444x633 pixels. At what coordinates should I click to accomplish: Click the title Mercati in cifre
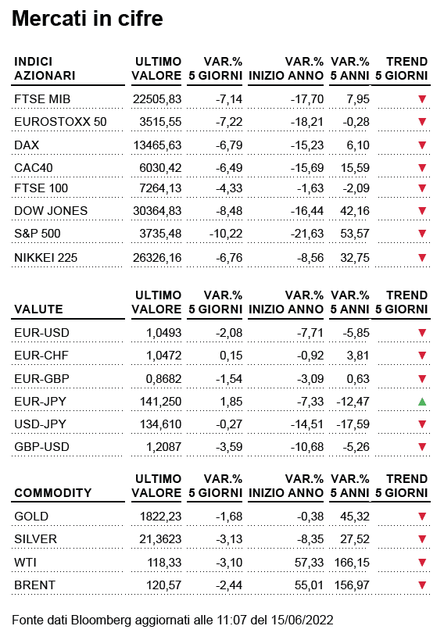click(x=88, y=19)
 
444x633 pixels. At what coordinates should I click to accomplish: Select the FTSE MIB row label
click(x=42, y=99)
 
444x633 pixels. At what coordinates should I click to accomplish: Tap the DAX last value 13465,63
click(x=157, y=145)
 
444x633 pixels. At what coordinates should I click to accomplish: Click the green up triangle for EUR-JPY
click(x=422, y=401)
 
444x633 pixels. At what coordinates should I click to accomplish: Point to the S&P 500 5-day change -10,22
click(x=226, y=234)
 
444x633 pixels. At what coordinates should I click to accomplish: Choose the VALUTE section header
click(x=38, y=309)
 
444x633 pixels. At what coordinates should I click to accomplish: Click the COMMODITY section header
click(x=53, y=492)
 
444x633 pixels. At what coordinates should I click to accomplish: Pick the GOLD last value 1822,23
click(x=161, y=517)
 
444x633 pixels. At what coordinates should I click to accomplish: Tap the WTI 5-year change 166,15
click(x=352, y=563)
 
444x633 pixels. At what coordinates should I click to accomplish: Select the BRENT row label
click(x=34, y=585)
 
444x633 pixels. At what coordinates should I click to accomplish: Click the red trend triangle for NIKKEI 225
click(x=422, y=257)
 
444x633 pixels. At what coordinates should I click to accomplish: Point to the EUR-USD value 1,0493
click(x=163, y=333)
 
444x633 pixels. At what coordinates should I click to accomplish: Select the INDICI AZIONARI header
click(x=45, y=69)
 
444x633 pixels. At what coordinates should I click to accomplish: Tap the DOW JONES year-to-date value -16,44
click(x=307, y=211)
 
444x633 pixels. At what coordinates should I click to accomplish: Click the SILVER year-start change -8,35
click(x=310, y=539)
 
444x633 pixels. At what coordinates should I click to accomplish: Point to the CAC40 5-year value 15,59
click(x=355, y=167)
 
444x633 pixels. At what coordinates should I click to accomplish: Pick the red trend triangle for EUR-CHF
click(x=422, y=356)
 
